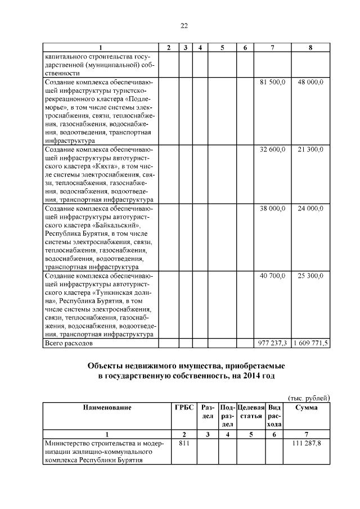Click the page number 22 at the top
[184, 25]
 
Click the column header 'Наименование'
[107, 408]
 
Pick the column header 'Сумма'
[306, 408]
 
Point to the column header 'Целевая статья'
[250, 412]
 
